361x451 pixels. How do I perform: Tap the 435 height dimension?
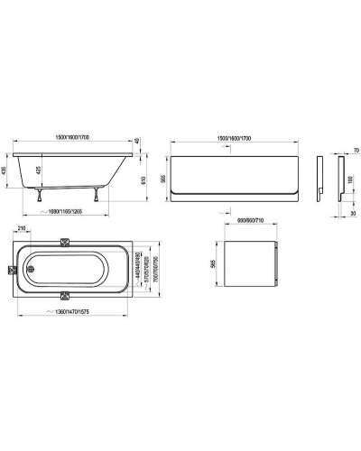pos(6,170)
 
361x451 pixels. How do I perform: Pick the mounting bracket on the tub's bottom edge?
pos(88,295)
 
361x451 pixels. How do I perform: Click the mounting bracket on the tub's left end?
pos(10,269)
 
